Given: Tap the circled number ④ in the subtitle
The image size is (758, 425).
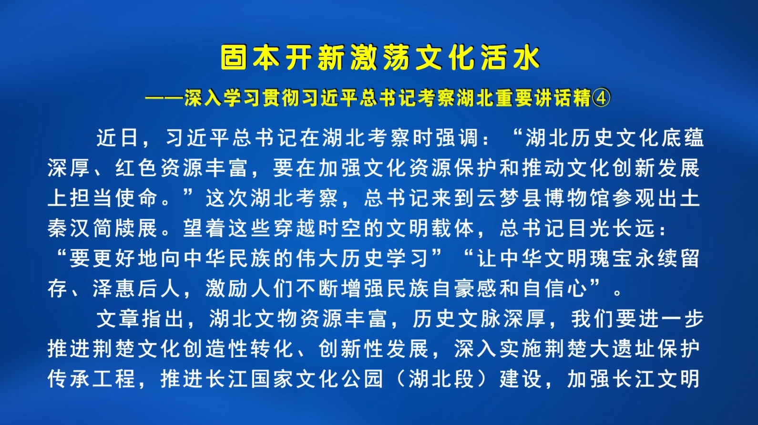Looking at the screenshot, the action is pos(602,98).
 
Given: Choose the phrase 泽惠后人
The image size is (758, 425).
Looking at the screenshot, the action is pos(136,289).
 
